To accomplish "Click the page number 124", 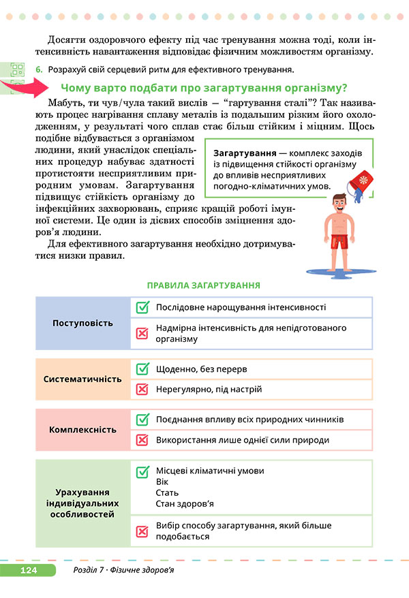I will [x=28, y=570].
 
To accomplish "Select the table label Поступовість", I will [x=82, y=322].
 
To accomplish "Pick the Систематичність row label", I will [x=82, y=379].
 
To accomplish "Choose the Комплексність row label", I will [x=82, y=430].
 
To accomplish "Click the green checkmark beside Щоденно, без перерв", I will [x=142, y=369].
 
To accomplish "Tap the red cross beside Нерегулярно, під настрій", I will [x=142, y=390].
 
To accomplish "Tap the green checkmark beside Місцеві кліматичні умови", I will [x=142, y=471].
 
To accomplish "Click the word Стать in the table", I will [x=167, y=492].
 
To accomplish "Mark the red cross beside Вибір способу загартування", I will [x=142, y=531].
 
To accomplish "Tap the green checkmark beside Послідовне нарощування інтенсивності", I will [x=142, y=307].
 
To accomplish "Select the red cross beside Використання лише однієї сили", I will [x=142, y=440].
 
